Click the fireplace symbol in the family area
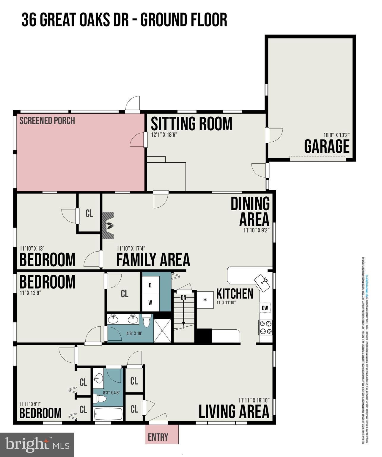(109, 226)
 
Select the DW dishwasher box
(265, 308)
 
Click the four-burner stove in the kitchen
(265, 327)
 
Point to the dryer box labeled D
(150, 285)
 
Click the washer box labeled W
(150, 303)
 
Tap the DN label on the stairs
(183, 297)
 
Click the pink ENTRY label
(158, 437)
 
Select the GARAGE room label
(326, 146)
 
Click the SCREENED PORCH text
(47, 121)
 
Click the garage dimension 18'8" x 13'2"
(336, 135)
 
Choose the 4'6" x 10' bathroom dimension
(134, 334)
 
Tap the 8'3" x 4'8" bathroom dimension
(109, 392)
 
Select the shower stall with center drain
(162, 330)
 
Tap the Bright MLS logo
(37, 445)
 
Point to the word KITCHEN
(235, 294)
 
